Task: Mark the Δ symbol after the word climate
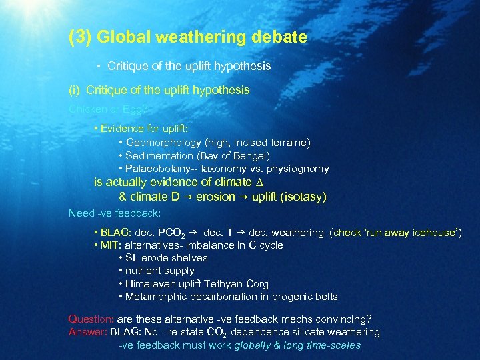click(248, 182)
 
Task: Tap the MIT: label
click(111, 245)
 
